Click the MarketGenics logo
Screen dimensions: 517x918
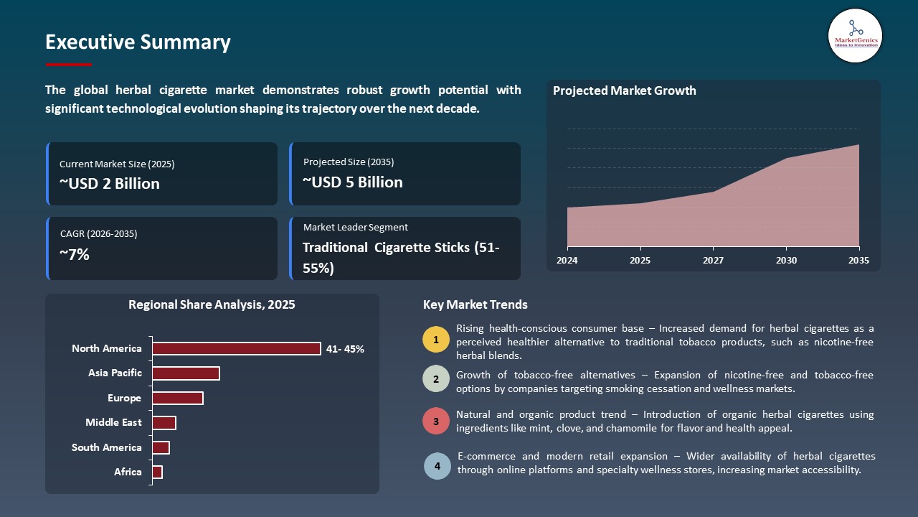(x=855, y=35)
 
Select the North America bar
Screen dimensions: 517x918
(x=237, y=348)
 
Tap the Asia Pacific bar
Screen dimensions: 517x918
(x=186, y=373)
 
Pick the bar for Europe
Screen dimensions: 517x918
(x=178, y=398)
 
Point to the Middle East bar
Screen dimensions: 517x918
(x=164, y=423)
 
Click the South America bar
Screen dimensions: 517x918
(x=161, y=447)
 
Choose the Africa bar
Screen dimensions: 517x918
(x=158, y=472)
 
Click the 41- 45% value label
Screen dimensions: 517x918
(x=345, y=349)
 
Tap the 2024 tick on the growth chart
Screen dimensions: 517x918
(x=567, y=261)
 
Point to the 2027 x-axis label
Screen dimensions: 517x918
(x=713, y=261)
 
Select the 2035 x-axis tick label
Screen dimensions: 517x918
(x=858, y=261)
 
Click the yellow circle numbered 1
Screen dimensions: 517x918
(x=436, y=339)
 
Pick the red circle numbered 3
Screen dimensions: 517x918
(x=436, y=421)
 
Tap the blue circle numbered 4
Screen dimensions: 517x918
(x=437, y=466)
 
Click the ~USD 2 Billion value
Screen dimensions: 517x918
(x=110, y=184)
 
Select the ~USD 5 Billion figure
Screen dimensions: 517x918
(x=353, y=182)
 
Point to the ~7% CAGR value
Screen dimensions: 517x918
(x=75, y=253)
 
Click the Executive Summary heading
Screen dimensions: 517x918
(x=138, y=42)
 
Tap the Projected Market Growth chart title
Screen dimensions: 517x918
(x=624, y=90)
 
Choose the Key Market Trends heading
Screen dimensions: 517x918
(x=475, y=304)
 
